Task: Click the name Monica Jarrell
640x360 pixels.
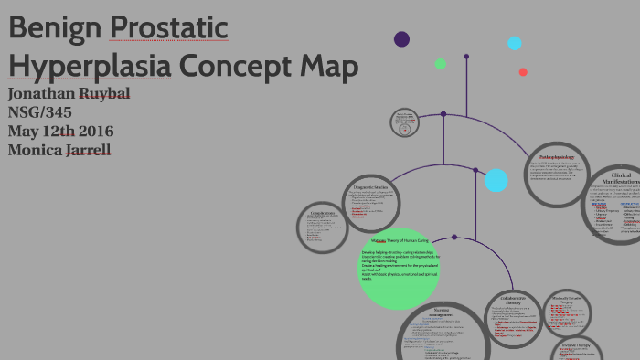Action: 59,149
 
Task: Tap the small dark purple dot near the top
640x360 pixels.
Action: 401,38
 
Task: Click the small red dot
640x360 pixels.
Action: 523,72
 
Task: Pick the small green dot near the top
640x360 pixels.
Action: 441,64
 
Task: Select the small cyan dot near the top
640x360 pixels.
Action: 515,43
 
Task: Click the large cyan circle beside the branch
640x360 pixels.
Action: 496,180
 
